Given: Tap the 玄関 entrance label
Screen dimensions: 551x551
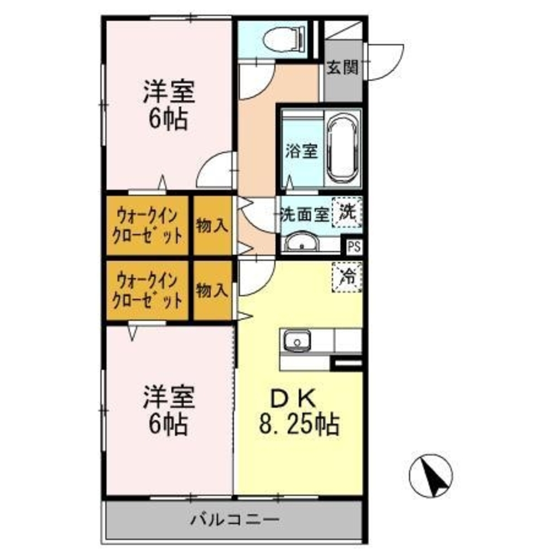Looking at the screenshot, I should (x=342, y=68).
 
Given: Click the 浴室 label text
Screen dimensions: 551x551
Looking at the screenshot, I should (x=301, y=152).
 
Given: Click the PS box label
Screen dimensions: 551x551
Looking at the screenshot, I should (x=353, y=246).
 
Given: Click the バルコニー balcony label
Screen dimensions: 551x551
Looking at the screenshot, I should (x=236, y=519).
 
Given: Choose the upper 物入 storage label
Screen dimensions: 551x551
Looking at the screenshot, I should (x=213, y=225).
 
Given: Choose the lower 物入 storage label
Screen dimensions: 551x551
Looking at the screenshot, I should (x=212, y=290).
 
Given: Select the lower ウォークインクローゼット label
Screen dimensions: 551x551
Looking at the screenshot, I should (x=147, y=290).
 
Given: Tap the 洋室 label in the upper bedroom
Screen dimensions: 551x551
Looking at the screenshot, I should (x=169, y=92).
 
